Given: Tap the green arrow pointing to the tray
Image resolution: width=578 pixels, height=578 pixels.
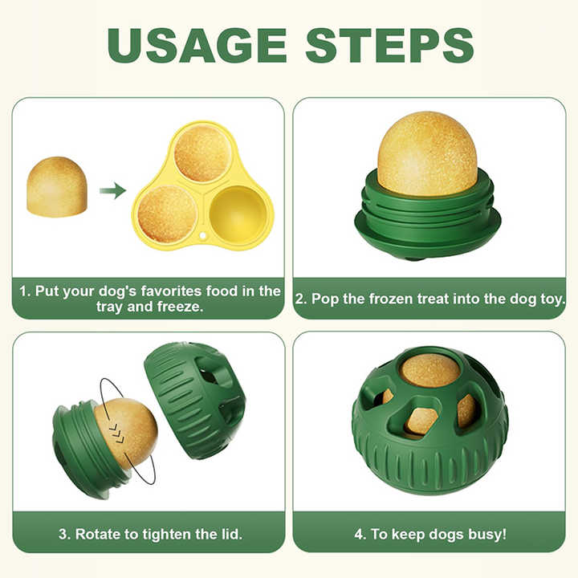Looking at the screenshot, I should (x=113, y=190).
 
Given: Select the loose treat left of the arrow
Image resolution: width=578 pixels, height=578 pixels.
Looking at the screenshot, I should (x=57, y=187).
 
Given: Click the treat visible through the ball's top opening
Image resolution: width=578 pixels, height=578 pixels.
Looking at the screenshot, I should (x=429, y=370).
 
